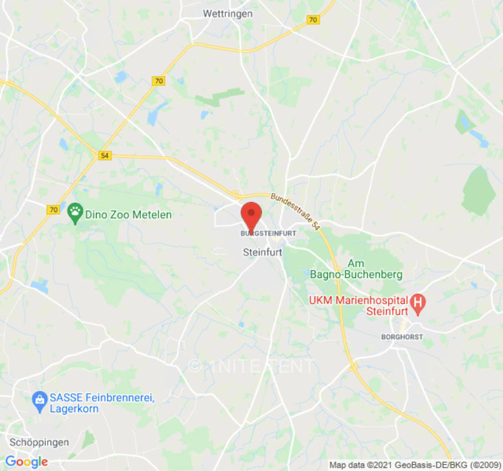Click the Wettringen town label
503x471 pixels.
pos(228,13)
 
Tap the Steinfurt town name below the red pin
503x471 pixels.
pos(262,252)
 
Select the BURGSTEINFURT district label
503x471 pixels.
pos(268,234)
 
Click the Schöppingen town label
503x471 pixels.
pos(40,442)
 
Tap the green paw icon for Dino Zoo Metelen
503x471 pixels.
pos(75,214)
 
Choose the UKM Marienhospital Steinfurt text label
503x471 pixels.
pos(360,306)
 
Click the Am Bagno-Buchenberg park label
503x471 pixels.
pos(357,269)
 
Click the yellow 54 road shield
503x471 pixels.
pos(104,155)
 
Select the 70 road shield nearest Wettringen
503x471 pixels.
pos(313,19)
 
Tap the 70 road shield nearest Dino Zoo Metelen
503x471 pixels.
pos(54,209)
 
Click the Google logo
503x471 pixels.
pos(27,462)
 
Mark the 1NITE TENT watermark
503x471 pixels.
pos(252,366)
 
